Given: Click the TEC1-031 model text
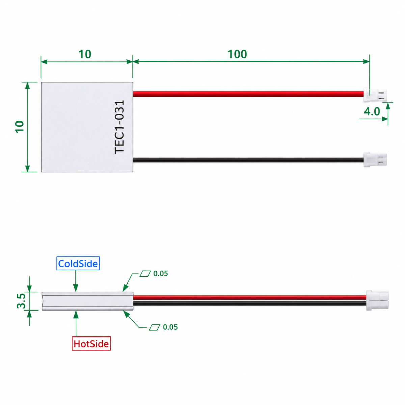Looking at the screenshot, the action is (x=119, y=127).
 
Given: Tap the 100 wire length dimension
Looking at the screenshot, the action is (x=237, y=54).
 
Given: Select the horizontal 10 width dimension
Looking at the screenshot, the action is (x=85, y=54).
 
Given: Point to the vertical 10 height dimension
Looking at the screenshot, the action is (x=20, y=127).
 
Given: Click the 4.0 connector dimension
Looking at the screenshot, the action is (x=372, y=112).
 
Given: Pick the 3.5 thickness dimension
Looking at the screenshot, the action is (x=21, y=301).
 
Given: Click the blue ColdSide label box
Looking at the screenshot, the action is (x=78, y=263).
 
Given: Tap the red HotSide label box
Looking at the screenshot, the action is (x=91, y=326).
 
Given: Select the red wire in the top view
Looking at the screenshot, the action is (x=248, y=94).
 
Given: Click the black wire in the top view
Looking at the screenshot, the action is (x=248, y=160).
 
